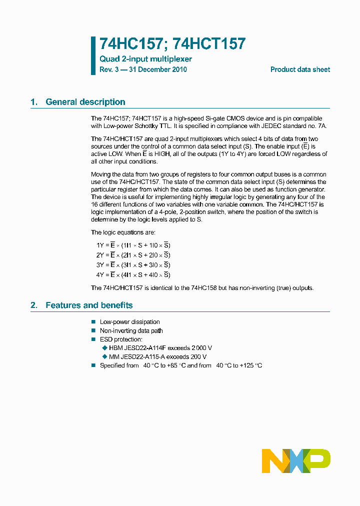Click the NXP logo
(296, 460)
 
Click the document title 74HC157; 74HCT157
(172, 44)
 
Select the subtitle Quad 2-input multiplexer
(145, 59)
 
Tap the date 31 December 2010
(158, 70)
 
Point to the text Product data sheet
(300, 70)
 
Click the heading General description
(85, 102)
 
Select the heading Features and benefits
(89, 305)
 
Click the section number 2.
(33, 305)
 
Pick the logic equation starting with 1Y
(133, 245)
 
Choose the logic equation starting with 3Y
(133, 265)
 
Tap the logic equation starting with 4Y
(133, 275)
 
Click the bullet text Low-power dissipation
(130, 322)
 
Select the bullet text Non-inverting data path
(131, 330)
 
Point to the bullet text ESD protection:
(121, 339)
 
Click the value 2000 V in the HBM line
(202, 348)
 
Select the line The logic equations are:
(123, 232)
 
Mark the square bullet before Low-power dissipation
(93, 322)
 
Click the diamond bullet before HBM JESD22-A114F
(104, 348)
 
